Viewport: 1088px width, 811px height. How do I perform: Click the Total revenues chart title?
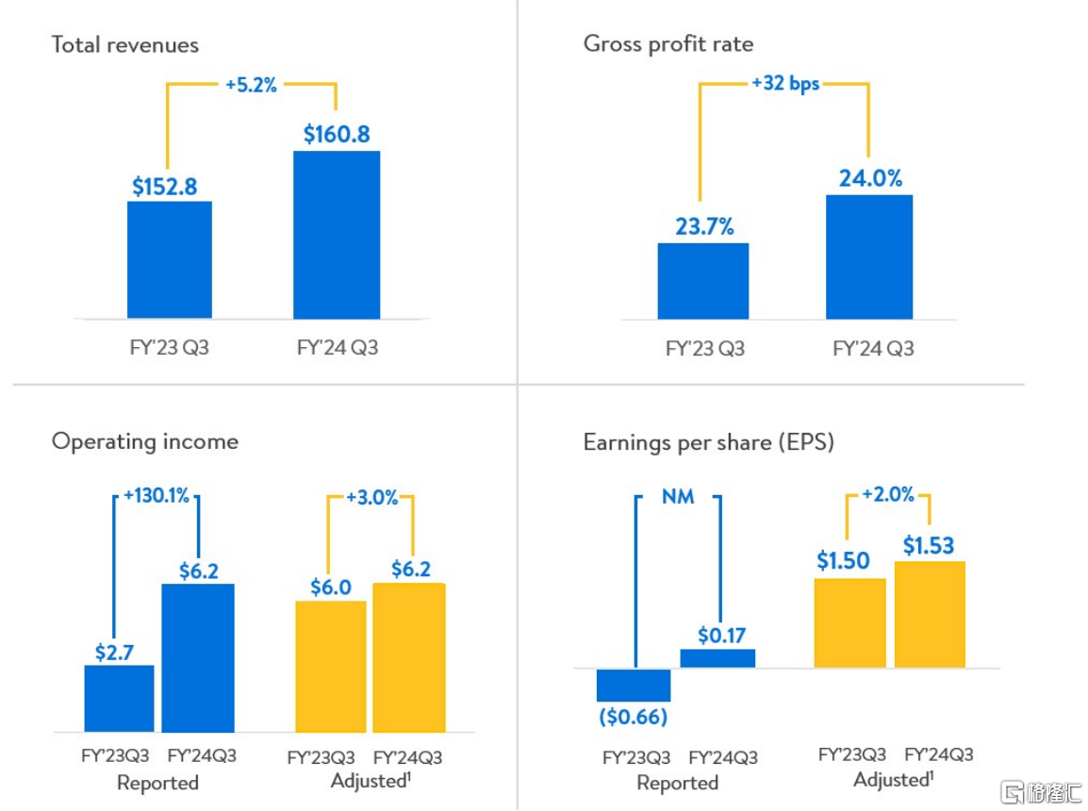[x=125, y=44]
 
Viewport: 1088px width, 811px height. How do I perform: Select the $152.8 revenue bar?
[x=170, y=259]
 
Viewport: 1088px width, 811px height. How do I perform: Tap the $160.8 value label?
[x=337, y=134]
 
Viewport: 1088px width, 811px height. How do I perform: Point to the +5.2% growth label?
[x=251, y=85]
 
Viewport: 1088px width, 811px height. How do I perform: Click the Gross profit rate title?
[x=668, y=43]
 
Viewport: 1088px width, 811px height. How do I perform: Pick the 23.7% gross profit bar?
[x=703, y=280]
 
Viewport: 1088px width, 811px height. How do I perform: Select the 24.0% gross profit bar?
[x=869, y=257]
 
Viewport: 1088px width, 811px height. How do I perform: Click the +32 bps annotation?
[x=784, y=83]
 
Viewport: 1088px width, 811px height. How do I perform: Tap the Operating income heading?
[x=145, y=441]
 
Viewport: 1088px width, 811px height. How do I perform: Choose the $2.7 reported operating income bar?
[x=119, y=698]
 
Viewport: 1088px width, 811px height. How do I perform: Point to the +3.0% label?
[x=372, y=498]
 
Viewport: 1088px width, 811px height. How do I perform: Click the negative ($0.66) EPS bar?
[x=634, y=685]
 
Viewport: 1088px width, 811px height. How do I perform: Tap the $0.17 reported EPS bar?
[x=717, y=657]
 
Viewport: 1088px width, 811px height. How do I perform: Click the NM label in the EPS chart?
[x=677, y=496]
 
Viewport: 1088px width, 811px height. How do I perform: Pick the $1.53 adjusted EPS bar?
[x=930, y=613]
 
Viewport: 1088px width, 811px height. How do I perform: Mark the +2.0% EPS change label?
[x=888, y=495]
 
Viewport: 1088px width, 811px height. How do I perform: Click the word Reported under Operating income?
[x=157, y=783]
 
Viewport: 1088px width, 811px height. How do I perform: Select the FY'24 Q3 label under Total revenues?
[x=337, y=347]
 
